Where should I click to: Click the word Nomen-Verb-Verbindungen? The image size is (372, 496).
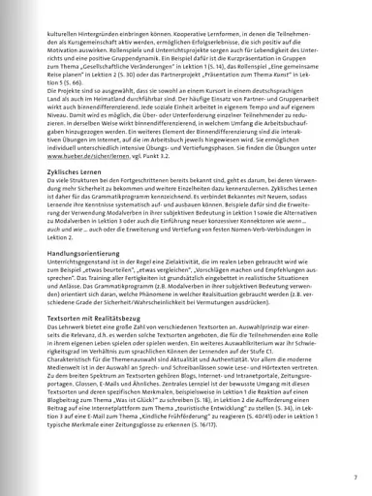point(272,230)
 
